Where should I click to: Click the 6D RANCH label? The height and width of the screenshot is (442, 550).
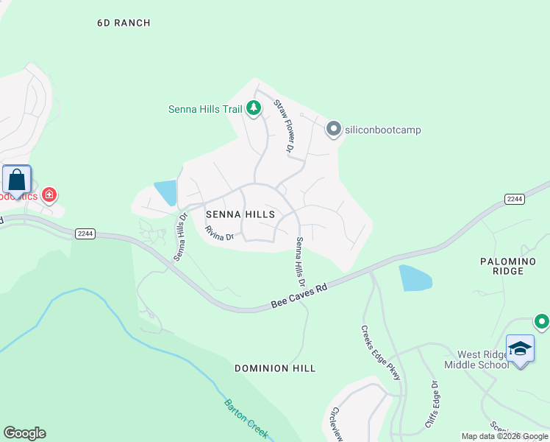[124, 23]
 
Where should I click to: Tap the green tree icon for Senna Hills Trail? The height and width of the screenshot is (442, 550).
[254, 109]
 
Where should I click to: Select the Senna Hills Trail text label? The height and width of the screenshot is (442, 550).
[205, 110]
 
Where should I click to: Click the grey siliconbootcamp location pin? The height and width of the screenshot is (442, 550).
[333, 130]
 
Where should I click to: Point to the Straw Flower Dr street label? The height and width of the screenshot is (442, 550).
[284, 126]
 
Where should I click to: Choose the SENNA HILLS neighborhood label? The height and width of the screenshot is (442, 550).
[241, 214]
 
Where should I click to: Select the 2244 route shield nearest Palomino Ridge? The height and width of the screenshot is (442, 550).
[514, 199]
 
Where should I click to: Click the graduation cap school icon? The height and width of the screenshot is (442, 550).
[520, 349]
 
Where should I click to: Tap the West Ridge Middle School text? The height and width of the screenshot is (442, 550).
[476, 359]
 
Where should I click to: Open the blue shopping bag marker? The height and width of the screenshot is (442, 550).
[16, 180]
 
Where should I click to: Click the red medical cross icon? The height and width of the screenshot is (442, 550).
[49, 194]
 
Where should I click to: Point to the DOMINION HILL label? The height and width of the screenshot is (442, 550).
[275, 368]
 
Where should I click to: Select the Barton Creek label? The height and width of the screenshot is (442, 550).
[246, 418]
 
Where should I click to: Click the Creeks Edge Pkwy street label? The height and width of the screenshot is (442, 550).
[381, 353]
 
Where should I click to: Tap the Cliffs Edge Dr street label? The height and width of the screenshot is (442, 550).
[431, 405]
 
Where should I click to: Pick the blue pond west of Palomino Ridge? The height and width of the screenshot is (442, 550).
[415, 278]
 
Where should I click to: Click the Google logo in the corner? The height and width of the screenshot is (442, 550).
[24, 433]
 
